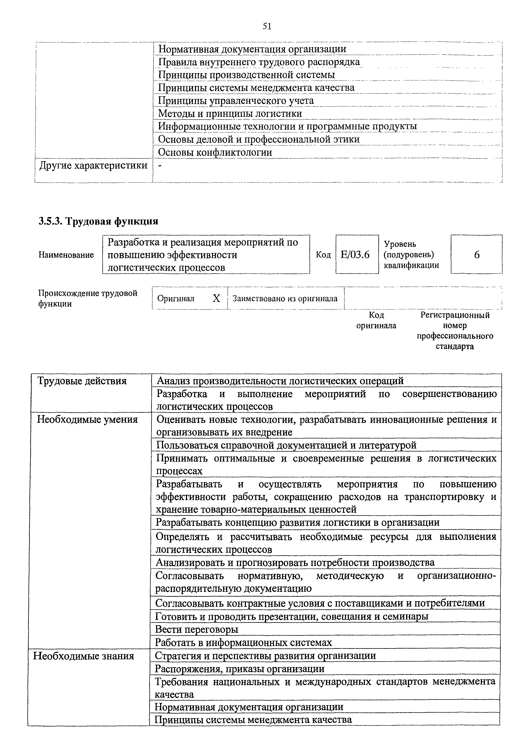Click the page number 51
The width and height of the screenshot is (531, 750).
[267, 26]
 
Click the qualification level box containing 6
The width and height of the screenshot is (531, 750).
[476, 254]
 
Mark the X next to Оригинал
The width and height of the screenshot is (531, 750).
[216, 298]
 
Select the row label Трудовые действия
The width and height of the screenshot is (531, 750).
[82, 381]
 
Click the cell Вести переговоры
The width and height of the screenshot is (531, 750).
[196, 629]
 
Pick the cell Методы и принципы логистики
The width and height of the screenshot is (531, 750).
[230, 113]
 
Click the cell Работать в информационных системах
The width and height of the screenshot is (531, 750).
[243, 642]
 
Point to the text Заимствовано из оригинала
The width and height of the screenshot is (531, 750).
[284, 298]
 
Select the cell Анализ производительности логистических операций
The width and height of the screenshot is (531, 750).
[280, 381]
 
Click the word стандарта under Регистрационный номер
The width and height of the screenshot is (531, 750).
[455, 346]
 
